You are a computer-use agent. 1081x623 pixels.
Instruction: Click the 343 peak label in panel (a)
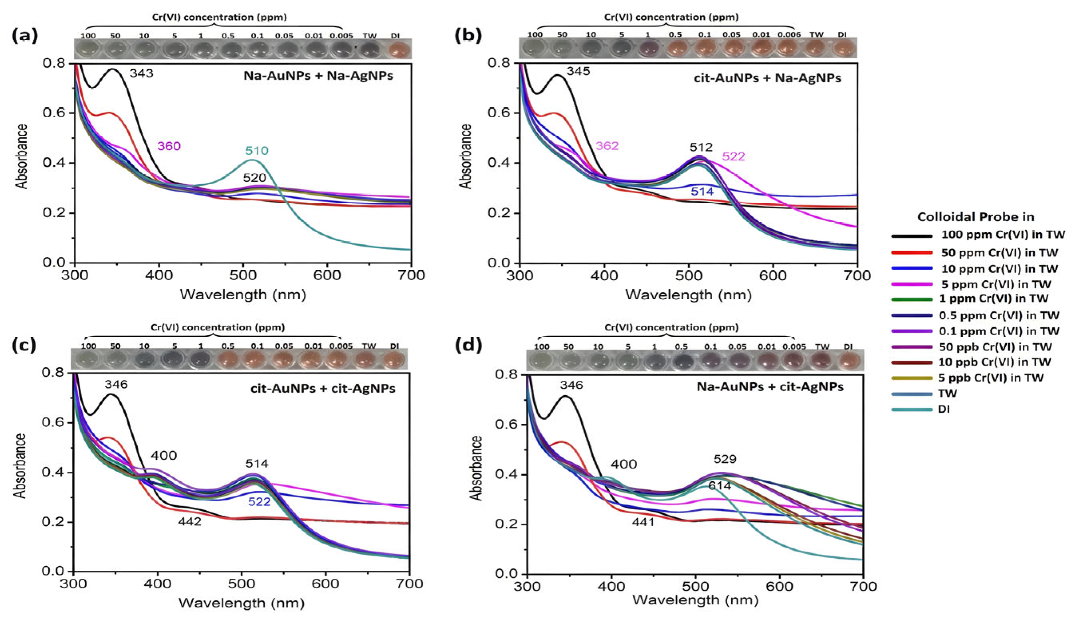(x=142, y=73)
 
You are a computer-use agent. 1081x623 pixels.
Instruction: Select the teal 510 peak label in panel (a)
(x=257, y=150)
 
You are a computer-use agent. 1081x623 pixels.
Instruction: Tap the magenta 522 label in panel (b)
(x=733, y=156)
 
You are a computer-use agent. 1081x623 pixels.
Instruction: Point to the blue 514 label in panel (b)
(x=702, y=192)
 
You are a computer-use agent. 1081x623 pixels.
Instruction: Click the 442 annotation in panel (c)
(x=190, y=522)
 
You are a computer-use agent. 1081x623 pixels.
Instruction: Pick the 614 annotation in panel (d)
(x=719, y=486)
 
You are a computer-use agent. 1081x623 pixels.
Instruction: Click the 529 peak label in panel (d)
(x=725, y=459)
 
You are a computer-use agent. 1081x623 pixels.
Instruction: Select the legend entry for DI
(x=944, y=409)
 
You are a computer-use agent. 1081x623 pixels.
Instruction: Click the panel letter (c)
(x=25, y=345)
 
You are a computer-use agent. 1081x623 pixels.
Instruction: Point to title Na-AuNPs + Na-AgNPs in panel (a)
(x=319, y=76)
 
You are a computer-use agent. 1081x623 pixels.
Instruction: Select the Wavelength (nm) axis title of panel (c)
(x=242, y=603)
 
